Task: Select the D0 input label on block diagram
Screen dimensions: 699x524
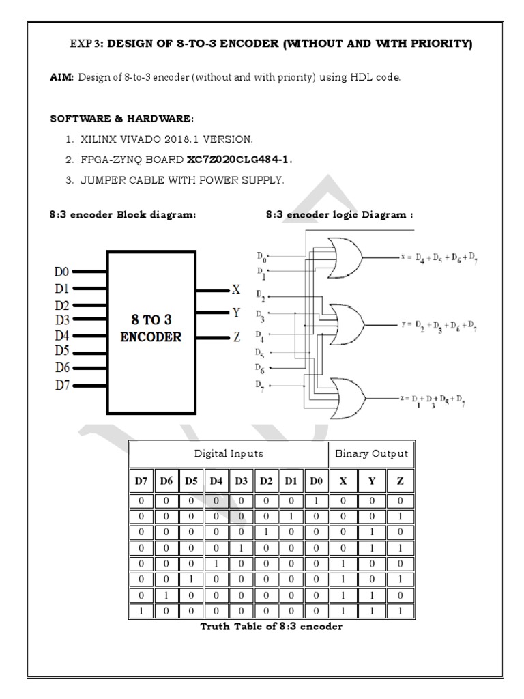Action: click(61, 272)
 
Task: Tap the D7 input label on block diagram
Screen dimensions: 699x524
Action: click(61, 384)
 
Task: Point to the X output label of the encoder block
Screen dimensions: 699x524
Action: click(236, 289)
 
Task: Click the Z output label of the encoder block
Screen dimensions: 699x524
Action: click(236, 337)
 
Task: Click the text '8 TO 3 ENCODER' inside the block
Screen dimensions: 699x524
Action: click(151, 328)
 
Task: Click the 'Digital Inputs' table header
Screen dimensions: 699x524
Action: click(229, 453)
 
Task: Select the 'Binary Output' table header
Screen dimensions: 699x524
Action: click(371, 453)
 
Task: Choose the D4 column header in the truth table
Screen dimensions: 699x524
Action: click(216, 481)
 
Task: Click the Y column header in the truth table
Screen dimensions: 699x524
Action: click(371, 481)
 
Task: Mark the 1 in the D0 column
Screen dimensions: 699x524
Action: click(316, 501)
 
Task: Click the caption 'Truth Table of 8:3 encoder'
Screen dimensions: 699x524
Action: click(271, 627)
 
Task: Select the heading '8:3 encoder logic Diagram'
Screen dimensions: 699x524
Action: click(339, 214)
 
